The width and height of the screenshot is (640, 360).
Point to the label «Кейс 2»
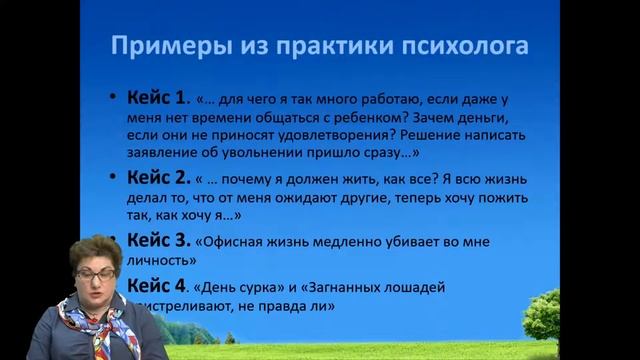(158, 179)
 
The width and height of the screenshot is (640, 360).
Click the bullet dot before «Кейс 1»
(115, 99)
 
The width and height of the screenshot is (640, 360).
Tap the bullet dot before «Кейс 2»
(115, 180)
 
